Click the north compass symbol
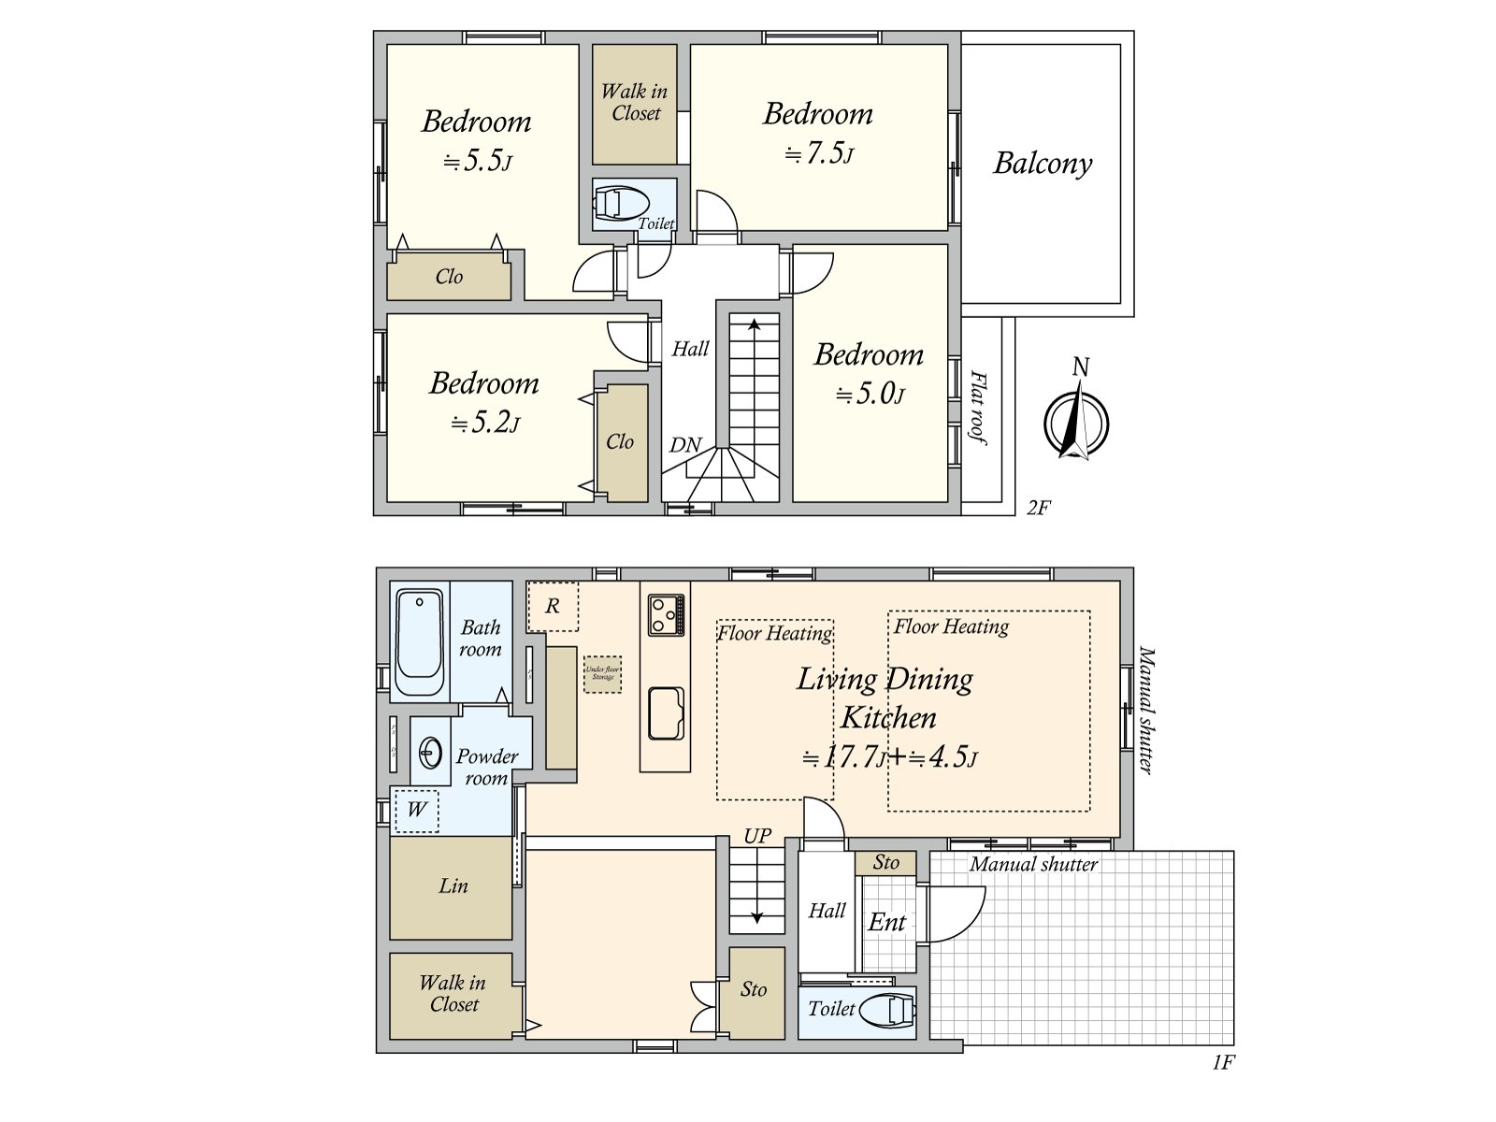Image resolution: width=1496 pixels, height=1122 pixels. tap(1076, 423)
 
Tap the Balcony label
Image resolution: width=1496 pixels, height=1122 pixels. tap(1043, 164)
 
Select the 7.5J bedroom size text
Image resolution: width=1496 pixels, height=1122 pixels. tap(819, 152)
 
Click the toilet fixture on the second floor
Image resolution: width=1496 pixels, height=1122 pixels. tap(622, 203)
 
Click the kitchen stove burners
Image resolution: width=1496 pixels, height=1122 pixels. tap(666, 615)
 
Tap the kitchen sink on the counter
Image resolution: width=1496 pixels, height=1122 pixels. tap(666, 714)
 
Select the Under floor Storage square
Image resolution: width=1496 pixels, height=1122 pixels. tap(602, 673)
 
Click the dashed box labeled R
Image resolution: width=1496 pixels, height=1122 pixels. tap(553, 606)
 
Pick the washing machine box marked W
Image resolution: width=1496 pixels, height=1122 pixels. tap(417, 810)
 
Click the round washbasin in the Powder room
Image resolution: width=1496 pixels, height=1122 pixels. tap(431, 752)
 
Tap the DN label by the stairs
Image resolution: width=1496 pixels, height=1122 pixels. tap(685, 446)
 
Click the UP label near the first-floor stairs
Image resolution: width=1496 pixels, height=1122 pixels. tap(757, 836)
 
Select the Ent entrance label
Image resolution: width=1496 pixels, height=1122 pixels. tap(886, 923)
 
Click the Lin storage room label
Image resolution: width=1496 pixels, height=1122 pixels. tap(453, 886)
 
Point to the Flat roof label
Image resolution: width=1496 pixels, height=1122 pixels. tap(978, 408)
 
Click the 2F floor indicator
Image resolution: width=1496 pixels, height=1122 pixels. tap(1038, 508)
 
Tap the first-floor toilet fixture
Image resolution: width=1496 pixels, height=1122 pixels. tap(887, 1011)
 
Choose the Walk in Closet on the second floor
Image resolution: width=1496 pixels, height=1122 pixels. tap(635, 103)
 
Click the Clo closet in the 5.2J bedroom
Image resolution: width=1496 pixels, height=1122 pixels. tap(620, 442)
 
